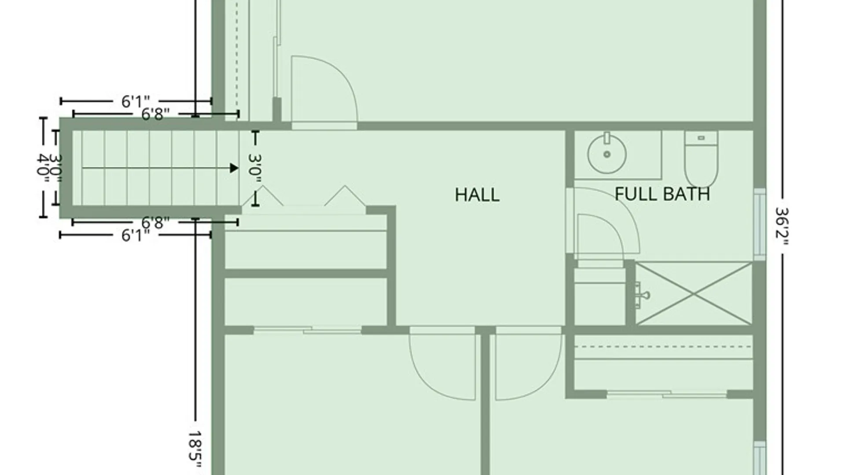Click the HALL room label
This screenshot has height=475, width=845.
point(477,195)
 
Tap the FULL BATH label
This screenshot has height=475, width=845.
point(662,194)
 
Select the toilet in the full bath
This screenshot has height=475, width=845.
point(702,159)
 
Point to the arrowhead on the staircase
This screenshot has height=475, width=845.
point(234,168)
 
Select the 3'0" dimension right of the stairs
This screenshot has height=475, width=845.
point(255,171)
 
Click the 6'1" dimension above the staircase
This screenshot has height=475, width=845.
point(136,102)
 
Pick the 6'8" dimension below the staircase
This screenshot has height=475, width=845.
point(155,223)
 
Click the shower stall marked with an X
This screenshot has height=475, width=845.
point(694,294)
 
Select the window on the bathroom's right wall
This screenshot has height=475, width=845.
point(760,224)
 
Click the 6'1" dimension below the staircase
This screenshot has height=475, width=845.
point(136,235)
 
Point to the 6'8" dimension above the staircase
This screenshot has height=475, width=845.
point(155,114)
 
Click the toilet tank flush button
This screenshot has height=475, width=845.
point(701,138)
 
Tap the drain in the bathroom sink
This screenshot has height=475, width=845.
point(607,154)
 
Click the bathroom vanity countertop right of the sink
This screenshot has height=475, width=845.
point(644,155)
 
